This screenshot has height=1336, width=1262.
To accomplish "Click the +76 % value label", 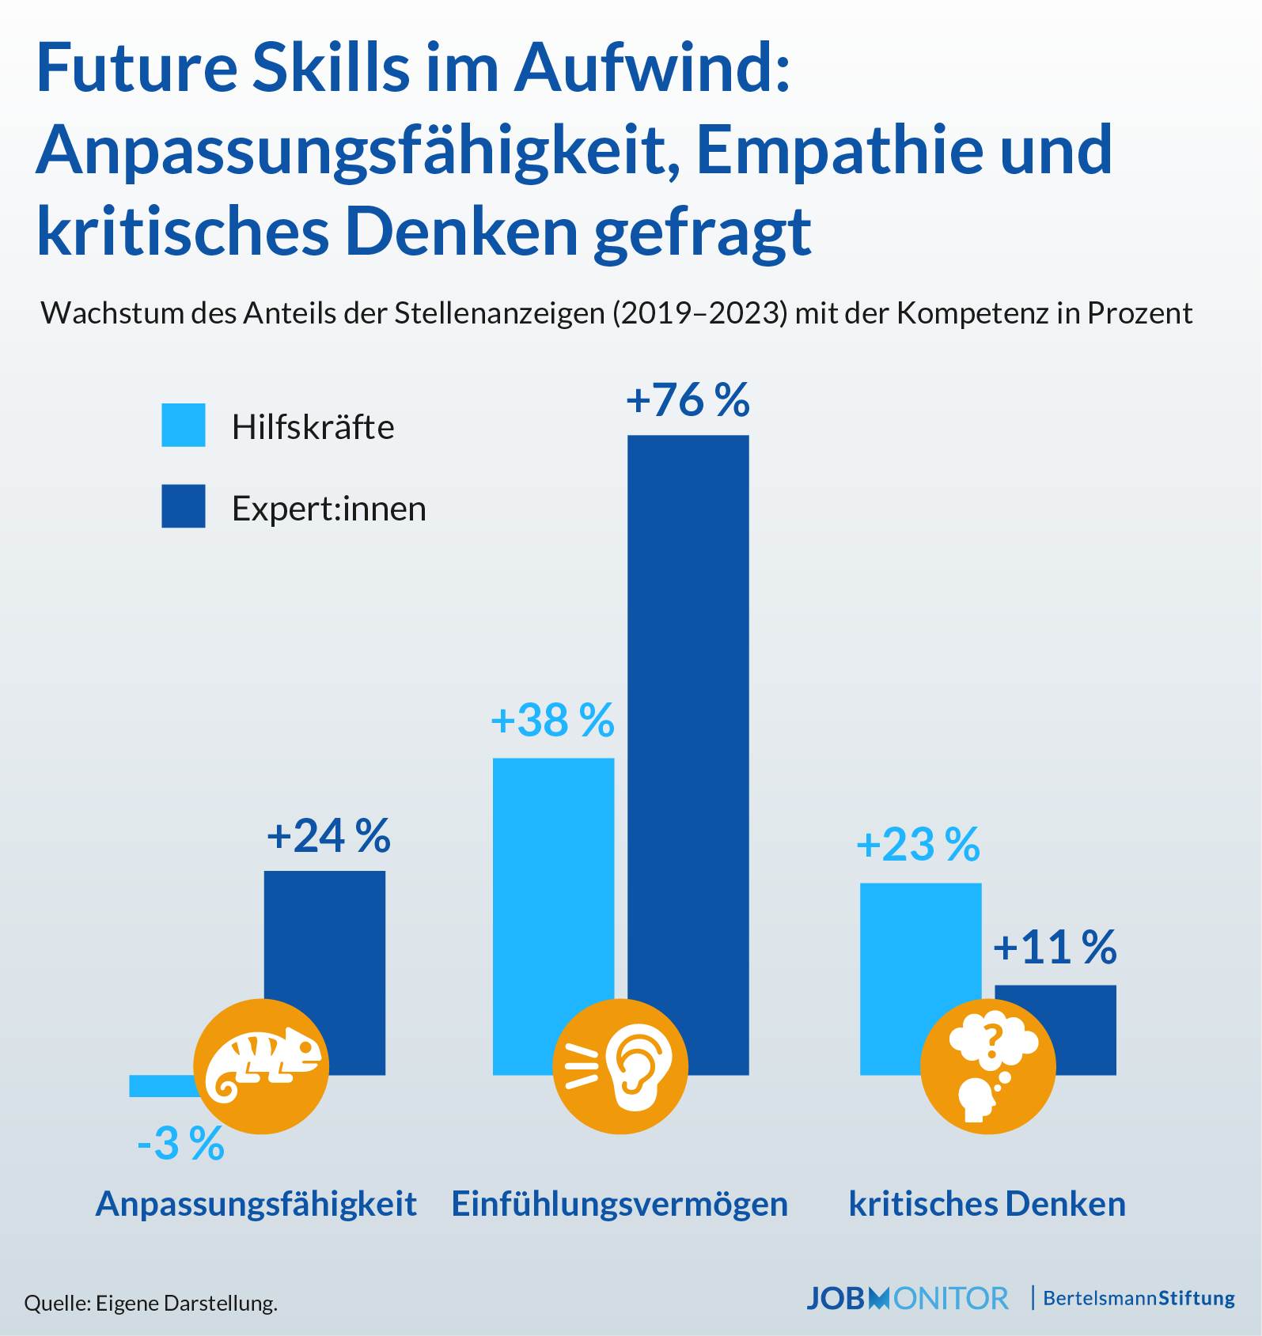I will pos(687,400).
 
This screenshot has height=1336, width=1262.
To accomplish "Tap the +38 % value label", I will pos(552,721).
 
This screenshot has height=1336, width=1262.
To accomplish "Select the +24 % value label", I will pos(328,836).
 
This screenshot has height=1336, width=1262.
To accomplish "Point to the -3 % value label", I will pos(180,1144).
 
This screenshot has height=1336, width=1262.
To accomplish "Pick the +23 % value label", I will pos(918,845).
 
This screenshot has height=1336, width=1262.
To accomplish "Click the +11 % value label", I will pos(1055,948).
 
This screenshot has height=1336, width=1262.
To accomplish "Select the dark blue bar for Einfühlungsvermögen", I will pos(688,712).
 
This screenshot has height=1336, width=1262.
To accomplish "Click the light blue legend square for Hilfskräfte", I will pos(184,426).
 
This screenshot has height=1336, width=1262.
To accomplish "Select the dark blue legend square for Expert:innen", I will pos(184,506).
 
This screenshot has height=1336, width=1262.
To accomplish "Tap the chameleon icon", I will pos(261,1066).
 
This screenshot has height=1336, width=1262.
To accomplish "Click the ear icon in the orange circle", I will pos(620,1066).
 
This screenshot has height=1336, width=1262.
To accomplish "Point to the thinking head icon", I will pos(988,1066).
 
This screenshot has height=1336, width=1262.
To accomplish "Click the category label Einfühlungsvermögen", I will pos(620,1204).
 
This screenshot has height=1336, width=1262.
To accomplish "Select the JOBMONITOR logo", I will pos(907,1299).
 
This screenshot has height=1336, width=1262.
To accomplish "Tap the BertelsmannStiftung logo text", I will pos(1139,1299).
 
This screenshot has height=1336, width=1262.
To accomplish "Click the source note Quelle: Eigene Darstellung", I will pos(150,1304).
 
